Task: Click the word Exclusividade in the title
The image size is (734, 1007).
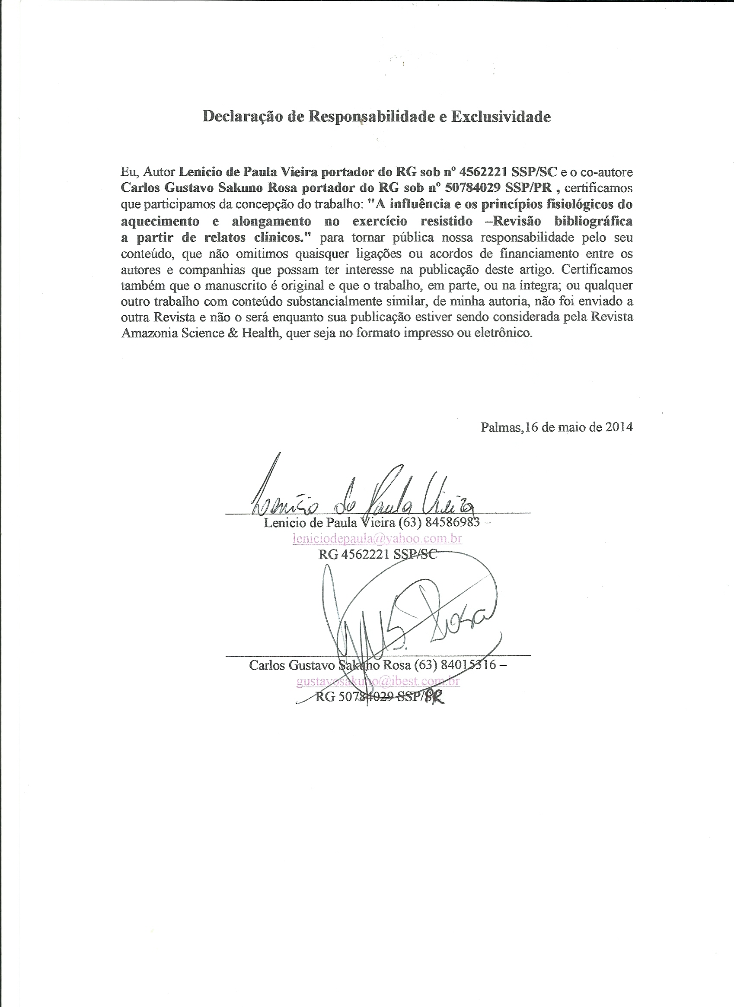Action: coord(501,117)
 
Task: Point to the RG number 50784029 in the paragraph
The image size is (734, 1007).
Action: coord(471,187)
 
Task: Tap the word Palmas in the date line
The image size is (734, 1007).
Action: coord(501,427)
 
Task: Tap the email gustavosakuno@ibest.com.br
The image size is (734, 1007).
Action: coord(378,681)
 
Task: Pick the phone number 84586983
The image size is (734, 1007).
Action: coord(453,522)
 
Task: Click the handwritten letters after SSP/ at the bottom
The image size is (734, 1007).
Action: coord(435,697)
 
